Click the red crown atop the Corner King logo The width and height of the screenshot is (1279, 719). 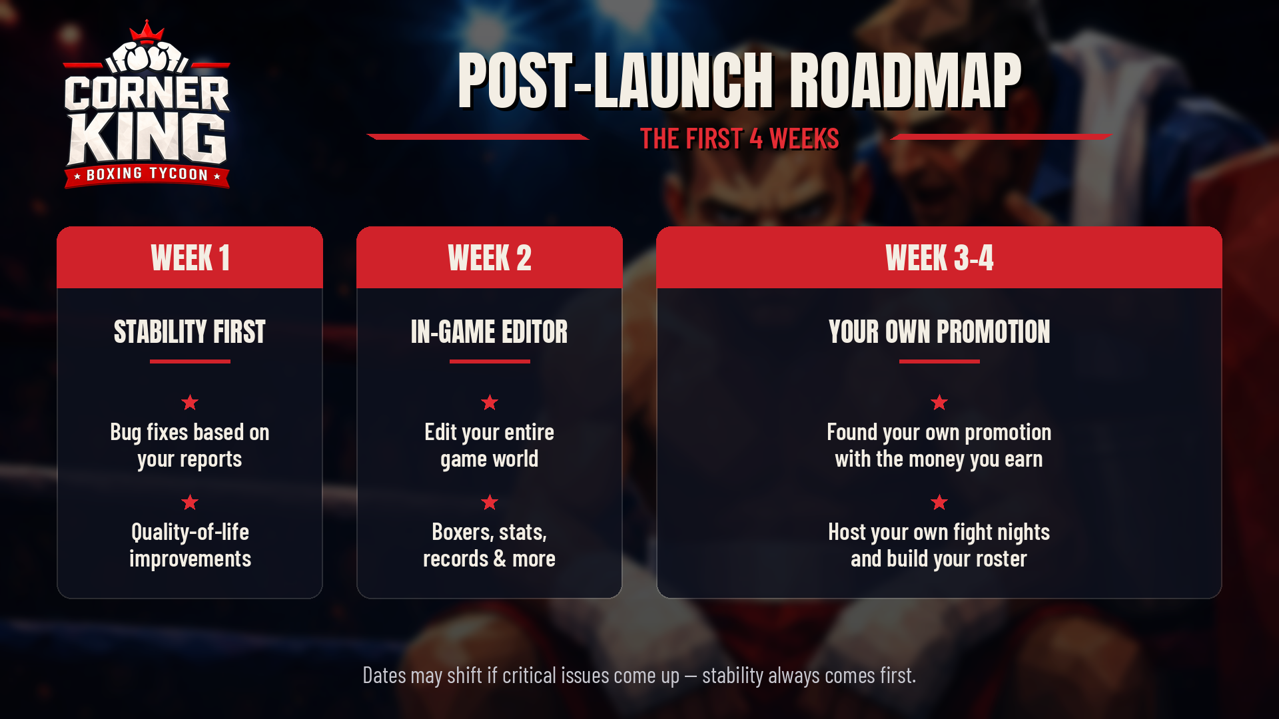click(147, 31)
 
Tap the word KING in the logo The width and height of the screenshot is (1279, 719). click(147, 138)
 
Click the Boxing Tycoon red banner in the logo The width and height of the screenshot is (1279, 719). click(147, 175)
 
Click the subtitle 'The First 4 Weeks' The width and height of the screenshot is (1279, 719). click(739, 139)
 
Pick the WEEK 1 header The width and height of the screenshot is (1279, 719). click(190, 258)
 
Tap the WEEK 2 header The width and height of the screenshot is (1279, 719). click(490, 258)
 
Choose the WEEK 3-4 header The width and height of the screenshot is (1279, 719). click(939, 258)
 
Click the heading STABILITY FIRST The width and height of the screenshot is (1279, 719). click(190, 332)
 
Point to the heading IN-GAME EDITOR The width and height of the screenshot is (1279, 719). click(490, 332)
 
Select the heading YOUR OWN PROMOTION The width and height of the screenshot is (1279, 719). click(939, 332)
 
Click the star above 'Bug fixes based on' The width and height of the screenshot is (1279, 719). click(190, 402)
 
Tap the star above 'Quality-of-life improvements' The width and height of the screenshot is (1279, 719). click(190, 502)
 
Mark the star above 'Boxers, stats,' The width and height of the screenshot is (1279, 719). click(490, 502)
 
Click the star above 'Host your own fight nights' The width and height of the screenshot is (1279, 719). click(939, 502)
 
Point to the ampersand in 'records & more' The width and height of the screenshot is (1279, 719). click(500, 559)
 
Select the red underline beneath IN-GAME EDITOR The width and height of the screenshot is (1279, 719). click(490, 361)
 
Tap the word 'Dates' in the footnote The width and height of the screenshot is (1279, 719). click(384, 675)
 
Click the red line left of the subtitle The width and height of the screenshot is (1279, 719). click(478, 137)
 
